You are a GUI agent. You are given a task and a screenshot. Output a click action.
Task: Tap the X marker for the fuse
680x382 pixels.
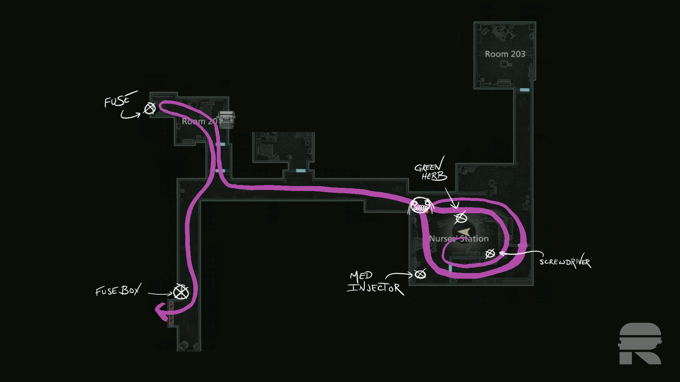pos(149,108)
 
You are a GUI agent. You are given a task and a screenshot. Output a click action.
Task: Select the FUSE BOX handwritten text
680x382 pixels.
pos(118,290)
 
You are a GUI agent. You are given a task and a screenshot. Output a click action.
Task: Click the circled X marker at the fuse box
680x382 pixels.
pos(181,292)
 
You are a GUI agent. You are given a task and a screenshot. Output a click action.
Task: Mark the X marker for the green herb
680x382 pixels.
pos(461,218)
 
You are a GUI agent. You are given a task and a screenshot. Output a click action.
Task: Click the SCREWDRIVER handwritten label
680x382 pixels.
pos(565,262)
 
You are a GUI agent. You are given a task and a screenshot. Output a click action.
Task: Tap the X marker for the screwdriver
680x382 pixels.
pos(490,254)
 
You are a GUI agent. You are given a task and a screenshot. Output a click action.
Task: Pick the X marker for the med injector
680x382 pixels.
pos(420,274)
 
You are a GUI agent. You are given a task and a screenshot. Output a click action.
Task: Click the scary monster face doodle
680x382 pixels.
pos(420,206)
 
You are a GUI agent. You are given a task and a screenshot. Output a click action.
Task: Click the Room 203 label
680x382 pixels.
pos(505,54)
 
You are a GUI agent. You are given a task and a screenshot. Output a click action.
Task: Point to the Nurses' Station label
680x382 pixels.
pos(459,239)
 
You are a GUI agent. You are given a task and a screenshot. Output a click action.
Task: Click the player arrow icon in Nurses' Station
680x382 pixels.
pos(465,232)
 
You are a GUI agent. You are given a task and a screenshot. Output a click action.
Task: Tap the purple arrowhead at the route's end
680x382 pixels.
pos(161,311)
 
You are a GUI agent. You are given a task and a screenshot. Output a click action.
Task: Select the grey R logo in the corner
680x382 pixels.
pos(640,343)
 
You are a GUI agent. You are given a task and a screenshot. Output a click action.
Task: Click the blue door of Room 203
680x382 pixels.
pos(525,90)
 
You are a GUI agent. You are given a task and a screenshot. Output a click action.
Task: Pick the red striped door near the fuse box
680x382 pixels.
pos(171,313)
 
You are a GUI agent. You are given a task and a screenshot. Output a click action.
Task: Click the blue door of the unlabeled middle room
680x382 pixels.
pos(301,171)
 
